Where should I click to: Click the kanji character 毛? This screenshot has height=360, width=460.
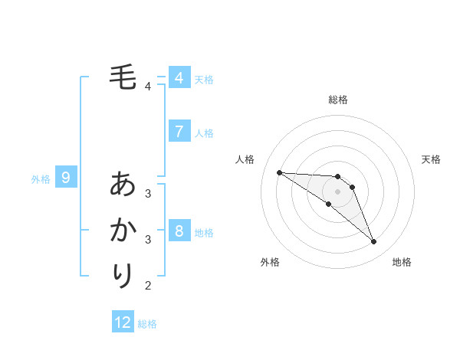coord(123,77)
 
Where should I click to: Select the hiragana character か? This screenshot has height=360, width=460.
coord(123,230)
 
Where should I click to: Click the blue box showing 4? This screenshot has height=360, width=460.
coord(179,78)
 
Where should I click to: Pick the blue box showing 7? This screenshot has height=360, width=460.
coord(179,132)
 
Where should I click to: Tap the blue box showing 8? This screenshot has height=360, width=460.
coord(179,231)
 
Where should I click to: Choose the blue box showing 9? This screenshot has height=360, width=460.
coord(66,178)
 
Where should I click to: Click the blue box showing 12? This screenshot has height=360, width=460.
coord(123,322)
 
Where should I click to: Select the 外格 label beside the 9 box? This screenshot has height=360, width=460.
coord(41,179)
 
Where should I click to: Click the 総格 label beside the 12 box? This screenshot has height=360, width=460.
coord(147,324)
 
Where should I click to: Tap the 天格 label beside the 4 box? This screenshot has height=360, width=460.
coord(204,79)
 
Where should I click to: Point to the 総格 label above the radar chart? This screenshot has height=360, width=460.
coord(338,100)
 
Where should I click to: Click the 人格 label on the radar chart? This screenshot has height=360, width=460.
coord(245,159)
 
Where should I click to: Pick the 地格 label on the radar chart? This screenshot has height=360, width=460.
coord(402,262)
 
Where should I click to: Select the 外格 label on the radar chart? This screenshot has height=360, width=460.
coord(270,262)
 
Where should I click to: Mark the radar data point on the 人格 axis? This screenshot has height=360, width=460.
coord(279,172)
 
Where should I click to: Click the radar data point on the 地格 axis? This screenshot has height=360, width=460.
coord(374,242)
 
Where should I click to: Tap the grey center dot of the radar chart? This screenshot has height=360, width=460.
coord(337,191)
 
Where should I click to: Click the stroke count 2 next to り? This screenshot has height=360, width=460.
coord(148,286)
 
